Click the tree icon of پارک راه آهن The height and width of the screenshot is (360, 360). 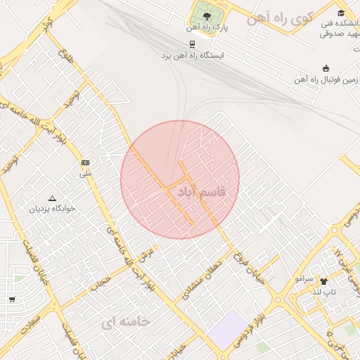206,16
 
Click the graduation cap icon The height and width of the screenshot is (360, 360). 342,13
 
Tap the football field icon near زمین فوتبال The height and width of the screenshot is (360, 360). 326,68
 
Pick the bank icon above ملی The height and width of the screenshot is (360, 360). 86,162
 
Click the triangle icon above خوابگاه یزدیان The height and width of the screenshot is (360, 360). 51,198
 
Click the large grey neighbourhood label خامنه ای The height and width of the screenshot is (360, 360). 125,321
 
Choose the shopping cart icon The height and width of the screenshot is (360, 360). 11,300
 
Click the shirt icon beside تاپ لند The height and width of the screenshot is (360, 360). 324,281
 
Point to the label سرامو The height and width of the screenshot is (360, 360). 304,278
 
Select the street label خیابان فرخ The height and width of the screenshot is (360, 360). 250,268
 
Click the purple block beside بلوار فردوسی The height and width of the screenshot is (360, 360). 229,329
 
